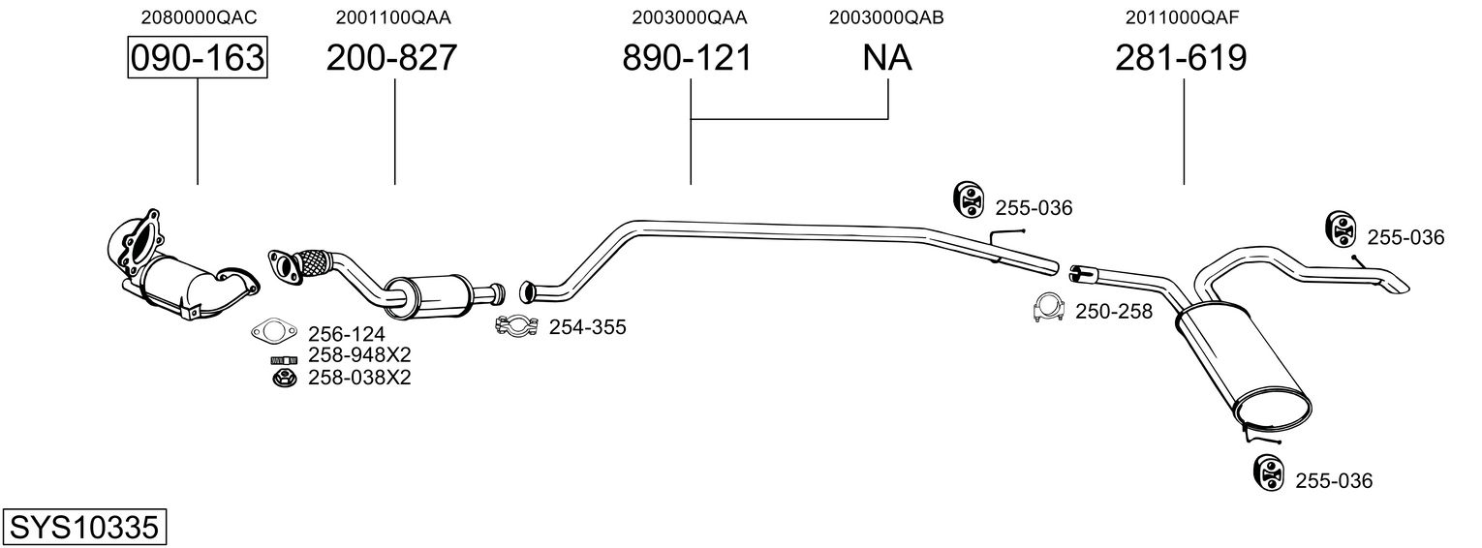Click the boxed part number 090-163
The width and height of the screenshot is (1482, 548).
click(x=198, y=58)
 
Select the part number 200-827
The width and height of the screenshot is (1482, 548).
click(x=391, y=58)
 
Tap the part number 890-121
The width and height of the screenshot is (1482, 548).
click(x=688, y=58)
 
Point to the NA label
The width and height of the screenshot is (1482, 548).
click(x=887, y=58)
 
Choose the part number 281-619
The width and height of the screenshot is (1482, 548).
click(x=1181, y=58)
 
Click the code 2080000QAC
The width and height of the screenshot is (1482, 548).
click(x=199, y=17)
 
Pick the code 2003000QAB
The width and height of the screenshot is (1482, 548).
click(x=886, y=17)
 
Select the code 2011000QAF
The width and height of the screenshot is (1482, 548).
click(x=1183, y=17)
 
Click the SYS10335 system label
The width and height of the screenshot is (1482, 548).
click(x=84, y=528)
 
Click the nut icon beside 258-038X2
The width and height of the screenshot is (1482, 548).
click(x=285, y=379)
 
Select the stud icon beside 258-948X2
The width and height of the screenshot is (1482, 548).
click(x=284, y=360)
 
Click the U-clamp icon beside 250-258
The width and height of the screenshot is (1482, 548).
click(x=1048, y=308)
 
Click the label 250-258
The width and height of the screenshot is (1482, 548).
click(x=1114, y=312)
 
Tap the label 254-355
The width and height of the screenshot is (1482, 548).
click(x=588, y=327)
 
